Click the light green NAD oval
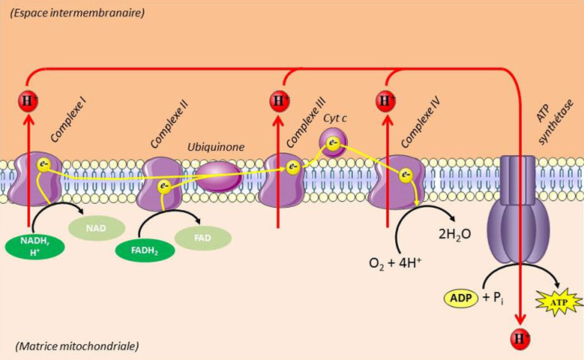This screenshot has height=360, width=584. [94, 225]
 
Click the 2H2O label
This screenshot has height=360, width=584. [454, 233]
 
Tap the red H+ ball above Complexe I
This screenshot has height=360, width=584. [28, 100]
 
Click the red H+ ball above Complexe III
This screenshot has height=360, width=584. [279, 100]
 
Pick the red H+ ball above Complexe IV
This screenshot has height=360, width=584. [387, 100]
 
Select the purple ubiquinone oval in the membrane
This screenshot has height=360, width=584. [218, 178]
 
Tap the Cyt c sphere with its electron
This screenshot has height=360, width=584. [332, 141]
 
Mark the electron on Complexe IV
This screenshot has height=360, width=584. [406, 175]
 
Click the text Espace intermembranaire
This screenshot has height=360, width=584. [73, 13]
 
